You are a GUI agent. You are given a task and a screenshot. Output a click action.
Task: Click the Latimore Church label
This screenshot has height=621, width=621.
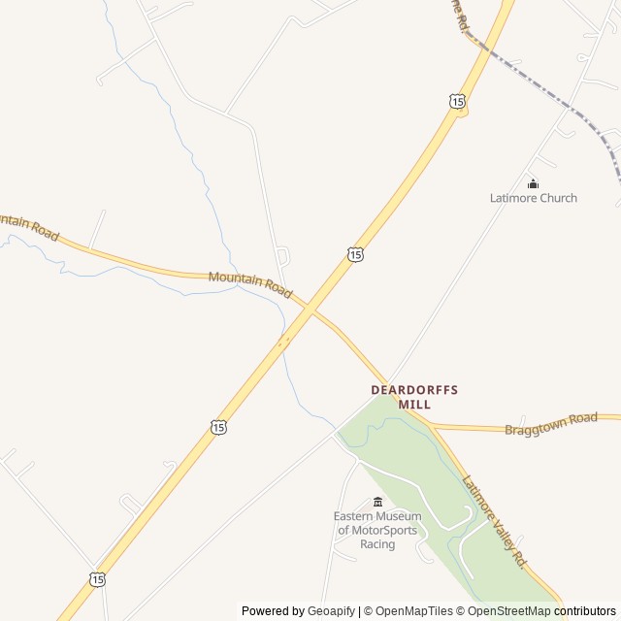tap(533, 198)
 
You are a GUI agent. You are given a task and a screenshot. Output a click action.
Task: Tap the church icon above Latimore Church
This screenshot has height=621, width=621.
tap(533, 183)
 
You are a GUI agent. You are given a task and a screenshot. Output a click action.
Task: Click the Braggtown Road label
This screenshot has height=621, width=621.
tap(550, 424)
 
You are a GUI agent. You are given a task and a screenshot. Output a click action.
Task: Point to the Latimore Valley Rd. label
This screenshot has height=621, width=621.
tap(494, 521)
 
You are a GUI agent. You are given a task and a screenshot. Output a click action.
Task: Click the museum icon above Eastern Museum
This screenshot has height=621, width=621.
tap(377, 502)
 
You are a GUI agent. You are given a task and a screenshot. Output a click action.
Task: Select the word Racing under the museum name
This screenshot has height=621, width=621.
tap(377, 544)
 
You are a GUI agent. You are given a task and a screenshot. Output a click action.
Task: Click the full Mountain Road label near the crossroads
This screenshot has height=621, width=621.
tap(250, 282)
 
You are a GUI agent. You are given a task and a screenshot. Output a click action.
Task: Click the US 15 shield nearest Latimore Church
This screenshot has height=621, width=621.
tap(457, 101)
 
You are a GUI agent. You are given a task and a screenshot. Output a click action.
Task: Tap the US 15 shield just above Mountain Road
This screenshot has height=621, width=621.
tap(355, 254)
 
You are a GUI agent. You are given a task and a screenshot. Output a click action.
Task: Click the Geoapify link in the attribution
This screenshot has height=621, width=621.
tap(331, 611)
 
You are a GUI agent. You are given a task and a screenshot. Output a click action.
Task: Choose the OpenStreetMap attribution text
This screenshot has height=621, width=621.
tap(504, 611)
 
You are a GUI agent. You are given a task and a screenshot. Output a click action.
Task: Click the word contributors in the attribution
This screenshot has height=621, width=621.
tap(585, 611)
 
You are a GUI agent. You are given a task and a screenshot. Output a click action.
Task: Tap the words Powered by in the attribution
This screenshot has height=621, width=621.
tap(273, 611)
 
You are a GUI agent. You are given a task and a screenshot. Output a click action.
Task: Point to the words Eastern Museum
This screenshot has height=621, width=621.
tap(377, 516)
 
